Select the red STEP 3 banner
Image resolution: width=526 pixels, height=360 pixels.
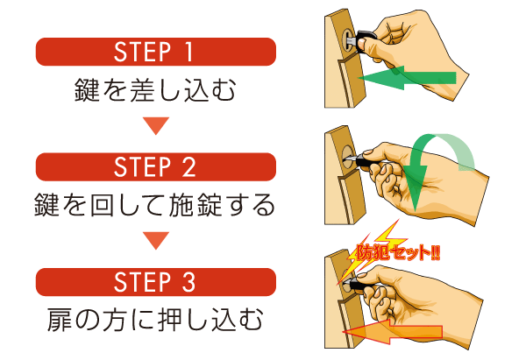point(155,282)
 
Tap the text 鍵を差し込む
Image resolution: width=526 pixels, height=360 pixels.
point(155,91)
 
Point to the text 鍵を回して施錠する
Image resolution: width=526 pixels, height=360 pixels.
point(155,207)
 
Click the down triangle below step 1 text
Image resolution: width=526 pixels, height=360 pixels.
point(155,126)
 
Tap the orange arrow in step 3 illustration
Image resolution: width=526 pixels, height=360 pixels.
point(394,331)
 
